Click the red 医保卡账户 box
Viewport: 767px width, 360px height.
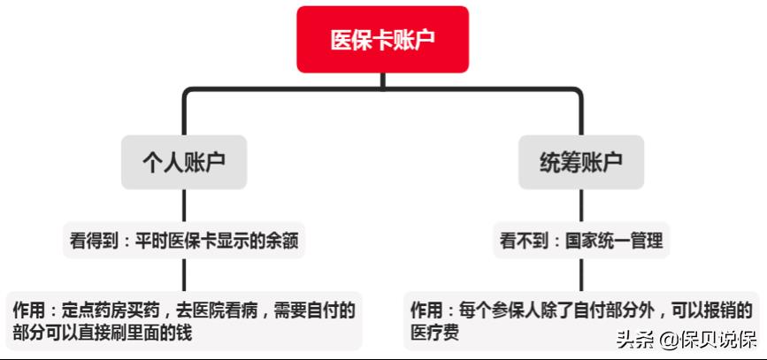(x=382, y=39)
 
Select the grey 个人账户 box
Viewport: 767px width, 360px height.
(x=184, y=163)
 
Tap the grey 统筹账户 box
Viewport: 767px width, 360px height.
(x=581, y=163)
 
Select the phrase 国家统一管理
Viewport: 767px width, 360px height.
(x=614, y=241)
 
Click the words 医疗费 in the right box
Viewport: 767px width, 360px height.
(x=435, y=333)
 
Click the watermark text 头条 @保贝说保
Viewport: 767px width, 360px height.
(x=686, y=340)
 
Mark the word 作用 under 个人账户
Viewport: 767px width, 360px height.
(x=29, y=310)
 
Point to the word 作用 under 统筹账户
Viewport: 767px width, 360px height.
(x=426, y=310)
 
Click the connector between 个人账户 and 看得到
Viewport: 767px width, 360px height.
(x=184, y=206)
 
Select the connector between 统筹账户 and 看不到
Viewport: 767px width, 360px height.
(x=581, y=206)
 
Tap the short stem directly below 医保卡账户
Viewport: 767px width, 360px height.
(x=382, y=80)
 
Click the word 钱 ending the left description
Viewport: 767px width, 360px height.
(x=184, y=333)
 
